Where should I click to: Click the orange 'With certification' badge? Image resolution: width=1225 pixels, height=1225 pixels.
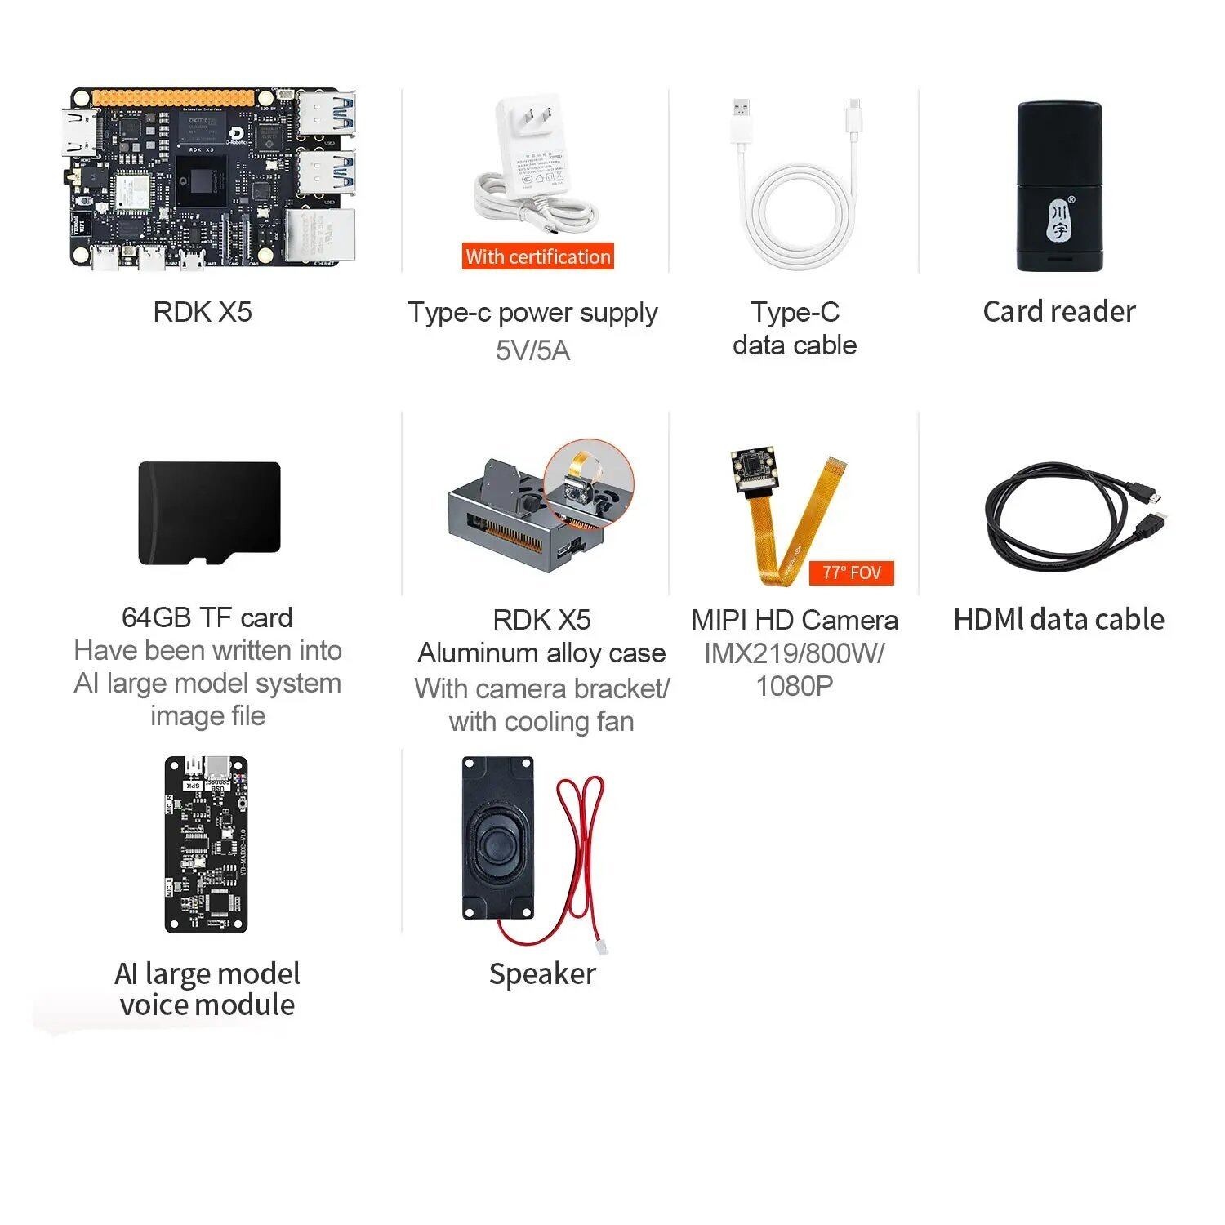point(537,256)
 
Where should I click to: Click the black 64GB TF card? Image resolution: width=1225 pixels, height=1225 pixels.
point(209,512)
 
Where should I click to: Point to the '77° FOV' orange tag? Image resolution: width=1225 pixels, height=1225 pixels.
point(851,572)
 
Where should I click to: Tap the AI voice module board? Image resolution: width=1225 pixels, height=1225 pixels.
point(206,844)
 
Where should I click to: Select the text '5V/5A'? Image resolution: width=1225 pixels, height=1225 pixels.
point(532,350)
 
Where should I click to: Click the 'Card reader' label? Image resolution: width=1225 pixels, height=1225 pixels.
point(1058,311)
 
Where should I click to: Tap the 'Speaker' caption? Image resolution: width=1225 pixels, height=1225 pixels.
point(542,973)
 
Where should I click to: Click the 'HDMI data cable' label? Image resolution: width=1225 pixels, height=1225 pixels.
point(1058,619)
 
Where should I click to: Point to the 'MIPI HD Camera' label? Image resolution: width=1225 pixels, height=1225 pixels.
point(794,620)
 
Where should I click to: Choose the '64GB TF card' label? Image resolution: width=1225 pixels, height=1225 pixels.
point(207,617)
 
